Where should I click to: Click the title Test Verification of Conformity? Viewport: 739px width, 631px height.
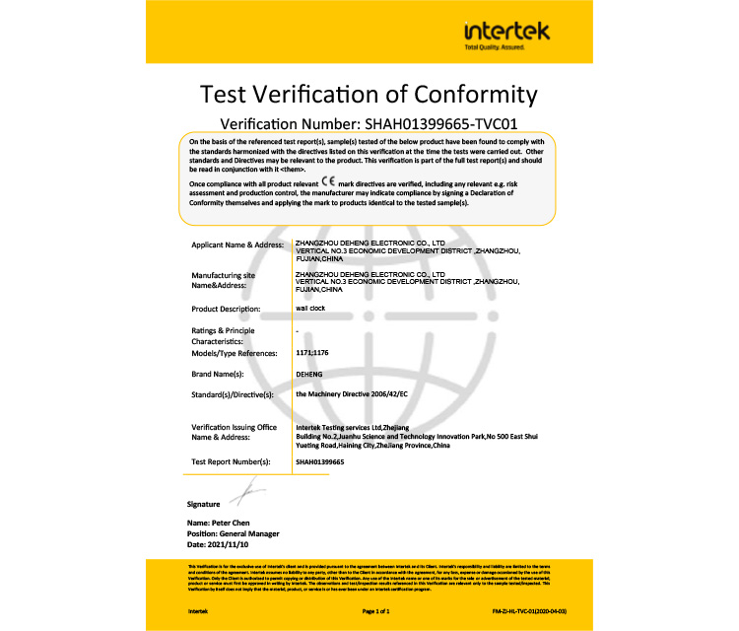pyautogui.click(x=369, y=95)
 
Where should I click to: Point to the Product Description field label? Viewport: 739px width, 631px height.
pyautogui.click(x=231, y=310)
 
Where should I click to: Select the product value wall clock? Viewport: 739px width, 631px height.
pyautogui.click(x=309, y=309)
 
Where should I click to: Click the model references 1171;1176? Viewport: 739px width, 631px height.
pyautogui.click(x=312, y=351)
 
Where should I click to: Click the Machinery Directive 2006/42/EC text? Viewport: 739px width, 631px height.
pyautogui.click(x=352, y=394)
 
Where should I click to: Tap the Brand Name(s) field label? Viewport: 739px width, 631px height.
pyautogui.click(x=223, y=375)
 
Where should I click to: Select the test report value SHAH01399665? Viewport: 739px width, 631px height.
pyautogui.click(x=319, y=460)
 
